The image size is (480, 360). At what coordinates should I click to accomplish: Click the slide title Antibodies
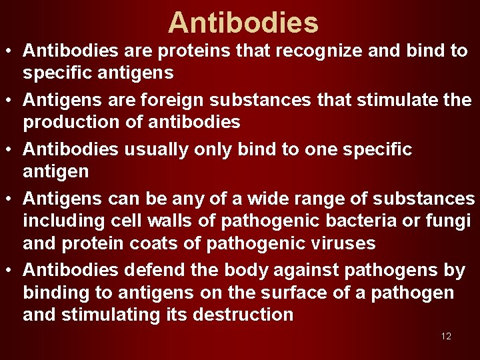click(x=243, y=23)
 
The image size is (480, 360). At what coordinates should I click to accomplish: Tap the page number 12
click(x=446, y=336)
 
